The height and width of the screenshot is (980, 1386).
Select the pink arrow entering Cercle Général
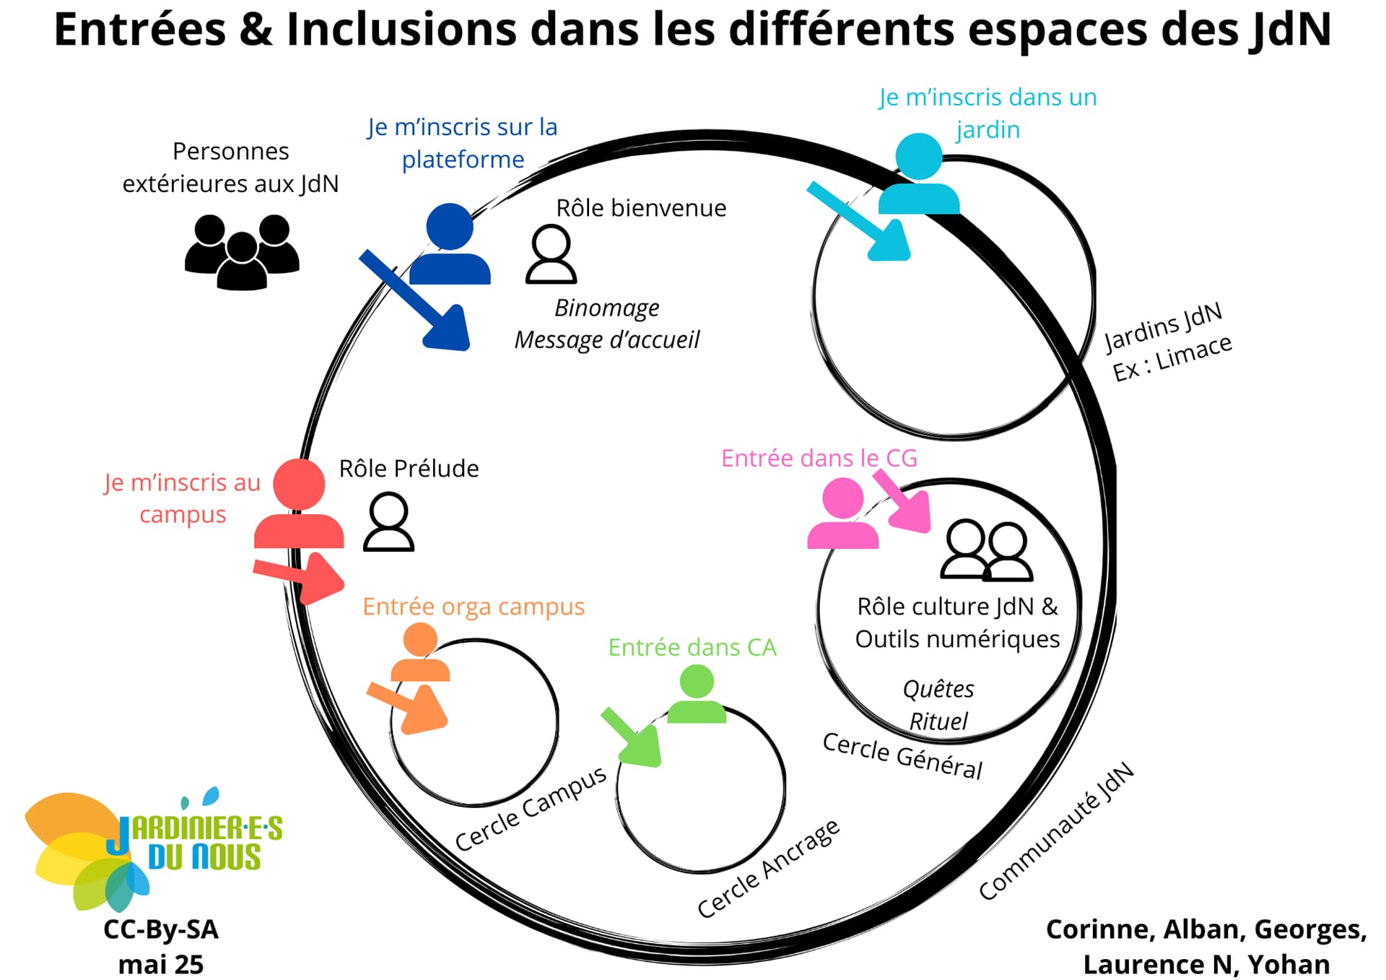[x=902, y=501]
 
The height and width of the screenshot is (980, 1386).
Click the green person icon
[x=697, y=693]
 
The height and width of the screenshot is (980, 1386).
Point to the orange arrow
[x=409, y=707]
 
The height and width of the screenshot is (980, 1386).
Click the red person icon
[x=299, y=503]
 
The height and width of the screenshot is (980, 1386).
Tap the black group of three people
[x=242, y=252]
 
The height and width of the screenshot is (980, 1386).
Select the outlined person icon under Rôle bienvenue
[x=551, y=253]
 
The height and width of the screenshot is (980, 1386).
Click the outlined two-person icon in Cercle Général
[x=987, y=550]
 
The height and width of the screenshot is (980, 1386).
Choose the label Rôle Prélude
[x=409, y=469]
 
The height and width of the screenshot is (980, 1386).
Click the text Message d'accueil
[x=606, y=339]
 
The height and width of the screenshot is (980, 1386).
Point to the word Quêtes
[x=938, y=690]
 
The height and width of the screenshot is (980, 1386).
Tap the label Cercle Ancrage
[x=769, y=868]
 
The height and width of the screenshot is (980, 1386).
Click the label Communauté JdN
[x=1056, y=831]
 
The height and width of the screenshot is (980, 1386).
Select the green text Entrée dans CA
[x=692, y=647]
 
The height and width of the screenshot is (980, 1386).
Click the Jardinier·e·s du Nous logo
[x=153, y=848]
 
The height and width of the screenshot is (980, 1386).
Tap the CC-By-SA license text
[x=161, y=929]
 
